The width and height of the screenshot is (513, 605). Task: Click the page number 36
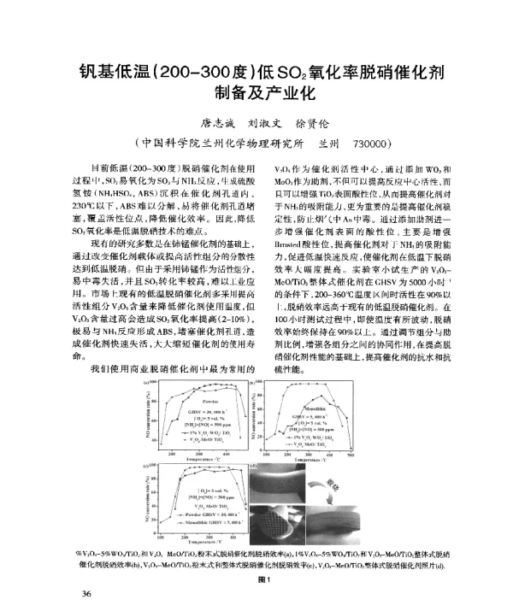coord(85,570)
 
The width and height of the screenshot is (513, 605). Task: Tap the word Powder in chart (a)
coord(209,400)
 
